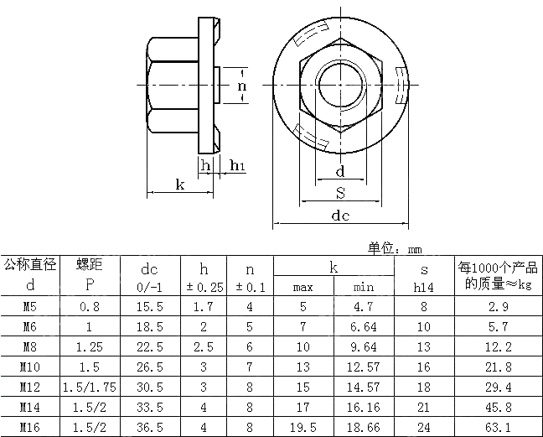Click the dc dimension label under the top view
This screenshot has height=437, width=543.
pyautogui.click(x=339, y=215)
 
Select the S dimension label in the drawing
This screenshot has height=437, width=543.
pyautogui.click(x=340, y=193)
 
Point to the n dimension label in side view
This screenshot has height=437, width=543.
pyautogui.click(x=241, y=86)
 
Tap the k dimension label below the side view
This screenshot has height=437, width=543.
pyautogui.click(x=179, y=185)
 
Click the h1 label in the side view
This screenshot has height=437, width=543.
pyautogui.click(x=237, y=165)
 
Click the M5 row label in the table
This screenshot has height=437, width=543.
pyautogui.click(x=29, y=307)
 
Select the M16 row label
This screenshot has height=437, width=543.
pyautogui.click(x=29, y=427)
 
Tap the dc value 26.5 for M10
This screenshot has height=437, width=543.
pyautogui.click(x=149, y=367)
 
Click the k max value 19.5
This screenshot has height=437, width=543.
pyautogui.click(x=303, y=427)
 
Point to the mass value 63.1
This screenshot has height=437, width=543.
pyautogui.click(x=498, y=427)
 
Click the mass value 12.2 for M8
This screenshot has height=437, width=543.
pyautogui.click(x=498, y=346)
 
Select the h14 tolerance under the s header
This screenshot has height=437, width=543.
pyautogui.click(x=424, y=287)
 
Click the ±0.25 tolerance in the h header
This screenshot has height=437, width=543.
pyautogui.click(x=203, y=287)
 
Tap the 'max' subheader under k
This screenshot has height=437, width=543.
pyautogui.click(x=303, y=288)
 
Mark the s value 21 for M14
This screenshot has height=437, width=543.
pyautogui.click(x=424, y=407)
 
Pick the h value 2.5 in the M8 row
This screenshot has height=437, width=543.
pyautogui.click(x=203, y=346)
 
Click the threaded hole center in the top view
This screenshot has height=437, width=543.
pyautogui.click(x=339, y=86)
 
